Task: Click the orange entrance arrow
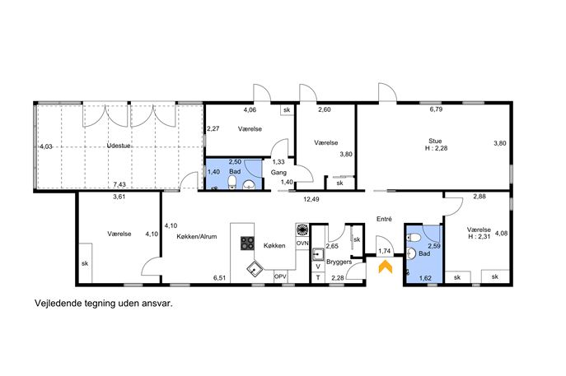(x=385, y=267)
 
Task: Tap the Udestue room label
(x=119, y=146)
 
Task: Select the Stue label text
(x=435, y=141)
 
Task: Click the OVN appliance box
(x=302, y=244)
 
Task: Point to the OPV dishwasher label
(x=280, y=277)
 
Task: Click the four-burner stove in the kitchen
(x=248, y=243)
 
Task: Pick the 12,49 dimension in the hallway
(x=311, y=199)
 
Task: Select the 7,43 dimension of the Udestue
(x=119, y=184)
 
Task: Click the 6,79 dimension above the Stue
(x=436, y=109)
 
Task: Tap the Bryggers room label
(x=339, y=262)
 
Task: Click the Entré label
(x=384, y=219)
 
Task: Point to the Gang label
(x=278, y=173)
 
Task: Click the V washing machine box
(x=318, y=267)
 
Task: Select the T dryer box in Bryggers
(x=318, y=277)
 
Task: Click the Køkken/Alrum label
(x=197, y=237)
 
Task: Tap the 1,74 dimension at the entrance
(x=385, y=251)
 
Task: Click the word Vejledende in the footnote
(x=57, y=304)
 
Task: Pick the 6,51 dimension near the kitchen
(x=219, y=278)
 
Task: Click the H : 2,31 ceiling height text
(x=479, y=236)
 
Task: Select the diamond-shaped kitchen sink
(x=255, y=268)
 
